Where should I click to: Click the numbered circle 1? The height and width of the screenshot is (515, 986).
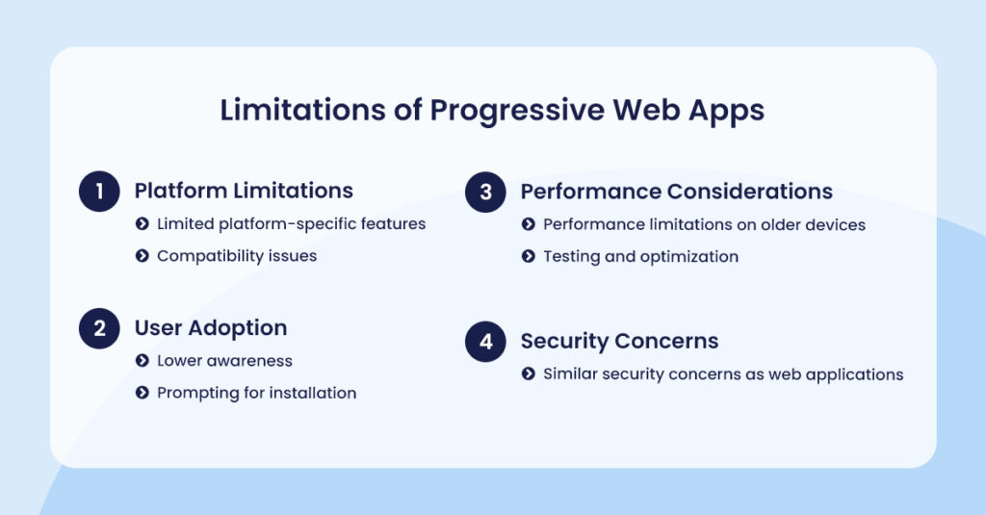[98, 192]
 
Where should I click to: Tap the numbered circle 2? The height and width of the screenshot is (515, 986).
[98, 328]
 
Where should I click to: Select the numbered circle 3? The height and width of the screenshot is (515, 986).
[485, 192]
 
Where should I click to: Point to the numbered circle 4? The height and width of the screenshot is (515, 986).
[485, 342]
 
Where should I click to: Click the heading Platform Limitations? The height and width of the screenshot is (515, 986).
[244, 191]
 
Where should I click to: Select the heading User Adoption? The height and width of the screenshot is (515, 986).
[211, 327]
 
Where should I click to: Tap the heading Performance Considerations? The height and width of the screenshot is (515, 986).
[676, 191]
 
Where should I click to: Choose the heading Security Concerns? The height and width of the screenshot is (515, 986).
[619, 341]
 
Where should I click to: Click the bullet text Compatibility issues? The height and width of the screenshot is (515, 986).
[237, 256]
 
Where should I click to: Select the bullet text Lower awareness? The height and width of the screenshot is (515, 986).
[224, 361]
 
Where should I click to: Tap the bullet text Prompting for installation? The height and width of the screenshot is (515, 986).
[256, 393]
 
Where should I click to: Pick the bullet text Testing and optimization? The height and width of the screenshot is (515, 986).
[640, 256]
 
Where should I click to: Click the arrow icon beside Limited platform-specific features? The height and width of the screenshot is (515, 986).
[142, 224]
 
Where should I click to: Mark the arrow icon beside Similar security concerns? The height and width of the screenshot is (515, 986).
[529, 373]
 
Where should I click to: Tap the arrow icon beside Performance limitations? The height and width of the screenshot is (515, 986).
[529, 224]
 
